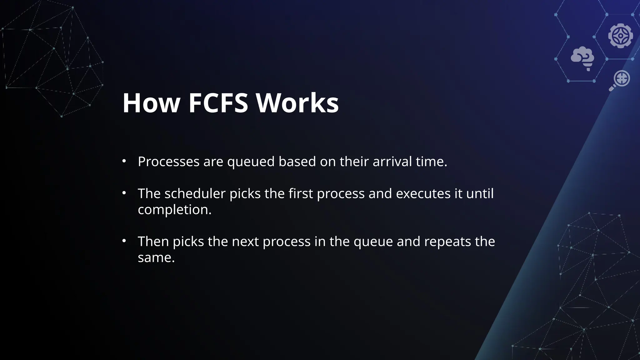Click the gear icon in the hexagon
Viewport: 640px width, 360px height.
pyautogui.click(x=620, y=36)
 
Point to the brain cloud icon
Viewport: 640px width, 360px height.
pyautogui.click(x=582, y=58)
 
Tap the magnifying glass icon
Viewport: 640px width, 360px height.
pyautogui.click(x=620, y=80)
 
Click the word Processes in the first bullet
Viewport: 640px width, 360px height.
pyautogui.click(x=168, y=162)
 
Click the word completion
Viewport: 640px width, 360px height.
pyautogui.click(x=175, y=210)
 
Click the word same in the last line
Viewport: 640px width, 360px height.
pyautogui.click(x=156, y=258)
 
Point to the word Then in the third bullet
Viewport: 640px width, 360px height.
pyautogui.click(x=153, y=242)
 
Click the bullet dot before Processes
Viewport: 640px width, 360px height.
pyautogui.click(x=124, y=161)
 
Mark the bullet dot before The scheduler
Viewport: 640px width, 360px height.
pyautogui.click(x=124, y=193)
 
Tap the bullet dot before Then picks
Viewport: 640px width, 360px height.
pyautogui.click(x=124, y=241)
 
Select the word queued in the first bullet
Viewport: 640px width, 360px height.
pyautogui.click(x=251, y=162)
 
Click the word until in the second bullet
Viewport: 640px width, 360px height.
pyautogui.click(x=480, y=193)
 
